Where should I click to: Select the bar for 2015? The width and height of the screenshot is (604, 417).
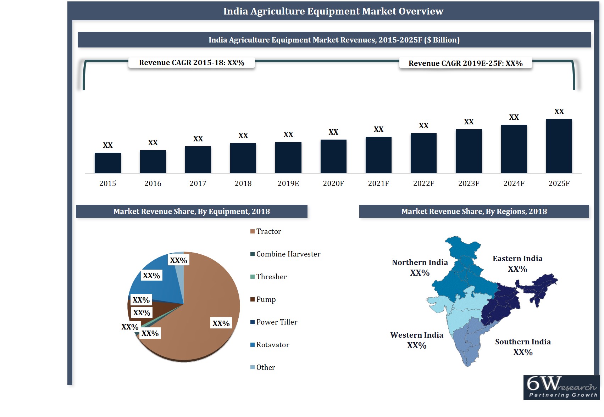108,163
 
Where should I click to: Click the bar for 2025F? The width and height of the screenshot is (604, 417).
559,146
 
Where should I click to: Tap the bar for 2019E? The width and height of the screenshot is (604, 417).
288,158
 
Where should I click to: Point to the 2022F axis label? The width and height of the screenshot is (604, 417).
423,184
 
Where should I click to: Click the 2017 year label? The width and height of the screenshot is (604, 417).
198,184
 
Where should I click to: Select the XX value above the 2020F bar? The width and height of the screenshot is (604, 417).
333,132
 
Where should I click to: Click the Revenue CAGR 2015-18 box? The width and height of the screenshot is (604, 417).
192,63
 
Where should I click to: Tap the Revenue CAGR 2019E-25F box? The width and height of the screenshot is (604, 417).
465,63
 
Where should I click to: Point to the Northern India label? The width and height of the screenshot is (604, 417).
420,263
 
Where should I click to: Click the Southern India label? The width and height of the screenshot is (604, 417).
523,342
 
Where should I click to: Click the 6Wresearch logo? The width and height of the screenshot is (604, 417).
561,387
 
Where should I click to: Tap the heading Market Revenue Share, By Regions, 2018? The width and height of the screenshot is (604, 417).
474,212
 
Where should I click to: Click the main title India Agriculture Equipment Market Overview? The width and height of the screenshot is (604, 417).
333,11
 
